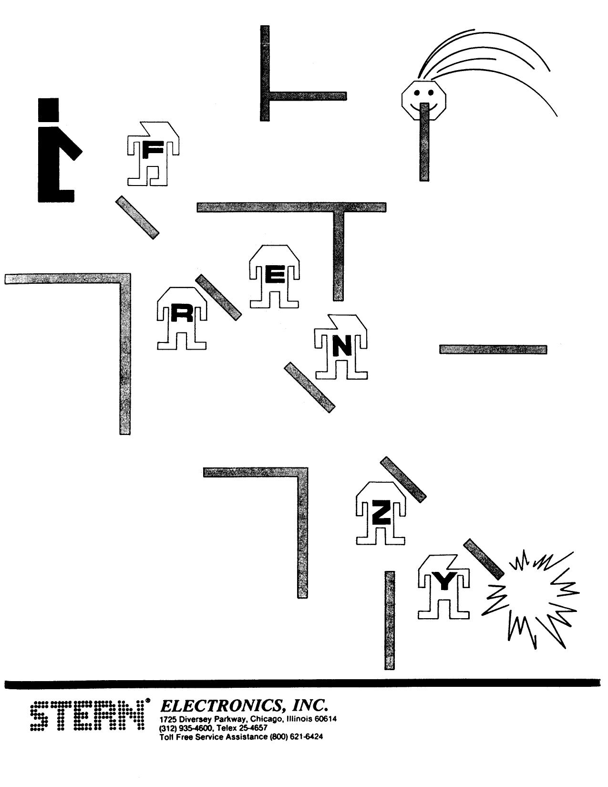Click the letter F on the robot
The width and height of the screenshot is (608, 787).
click(x=153, y=151)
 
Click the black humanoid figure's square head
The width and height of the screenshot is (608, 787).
click(x=49, y=108)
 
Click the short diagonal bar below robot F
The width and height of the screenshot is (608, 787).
click(x=137, y=217)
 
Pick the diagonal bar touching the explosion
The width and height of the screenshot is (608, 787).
click(x=483, y=559)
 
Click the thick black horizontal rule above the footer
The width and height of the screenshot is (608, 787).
click(x=302, y=684)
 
